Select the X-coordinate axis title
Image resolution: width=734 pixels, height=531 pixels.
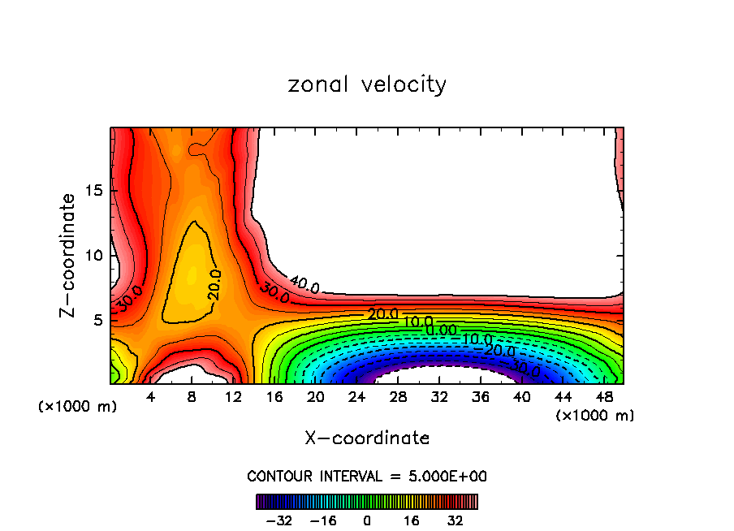[367, 438]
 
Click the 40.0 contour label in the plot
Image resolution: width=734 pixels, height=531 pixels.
[304, 286]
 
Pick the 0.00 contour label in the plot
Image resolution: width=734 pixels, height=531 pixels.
[441, 330]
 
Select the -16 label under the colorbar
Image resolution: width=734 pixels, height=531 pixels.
[323, 520]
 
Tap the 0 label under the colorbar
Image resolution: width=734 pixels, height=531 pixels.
[367, 520]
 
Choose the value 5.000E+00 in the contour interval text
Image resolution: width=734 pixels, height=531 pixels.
[449, 476]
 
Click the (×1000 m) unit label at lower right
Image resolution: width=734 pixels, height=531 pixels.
[594, 416]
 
